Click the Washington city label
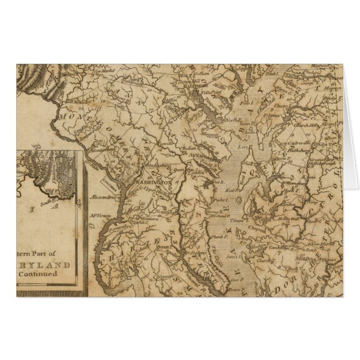coord(152,183)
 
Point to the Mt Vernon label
coord(100,215)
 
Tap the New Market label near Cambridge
coord(324,244)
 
